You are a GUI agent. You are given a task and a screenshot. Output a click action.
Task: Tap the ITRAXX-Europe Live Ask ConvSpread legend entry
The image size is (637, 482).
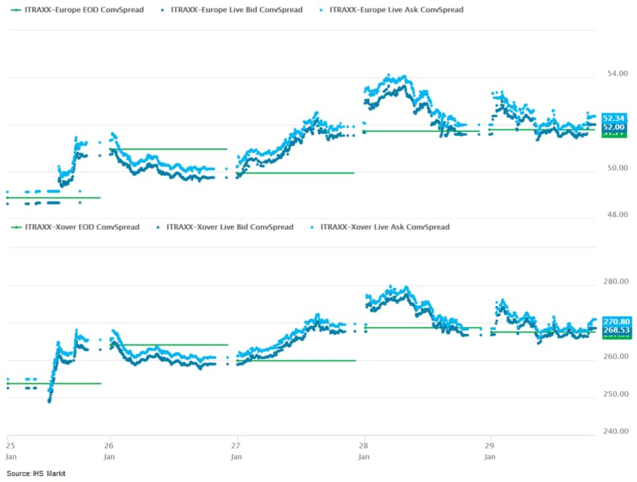(x=395, y=10)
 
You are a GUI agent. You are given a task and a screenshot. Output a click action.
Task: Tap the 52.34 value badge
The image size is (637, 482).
(x=613, y=118)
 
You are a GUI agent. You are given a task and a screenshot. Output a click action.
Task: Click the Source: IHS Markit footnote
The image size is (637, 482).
(x=36, y=473)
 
